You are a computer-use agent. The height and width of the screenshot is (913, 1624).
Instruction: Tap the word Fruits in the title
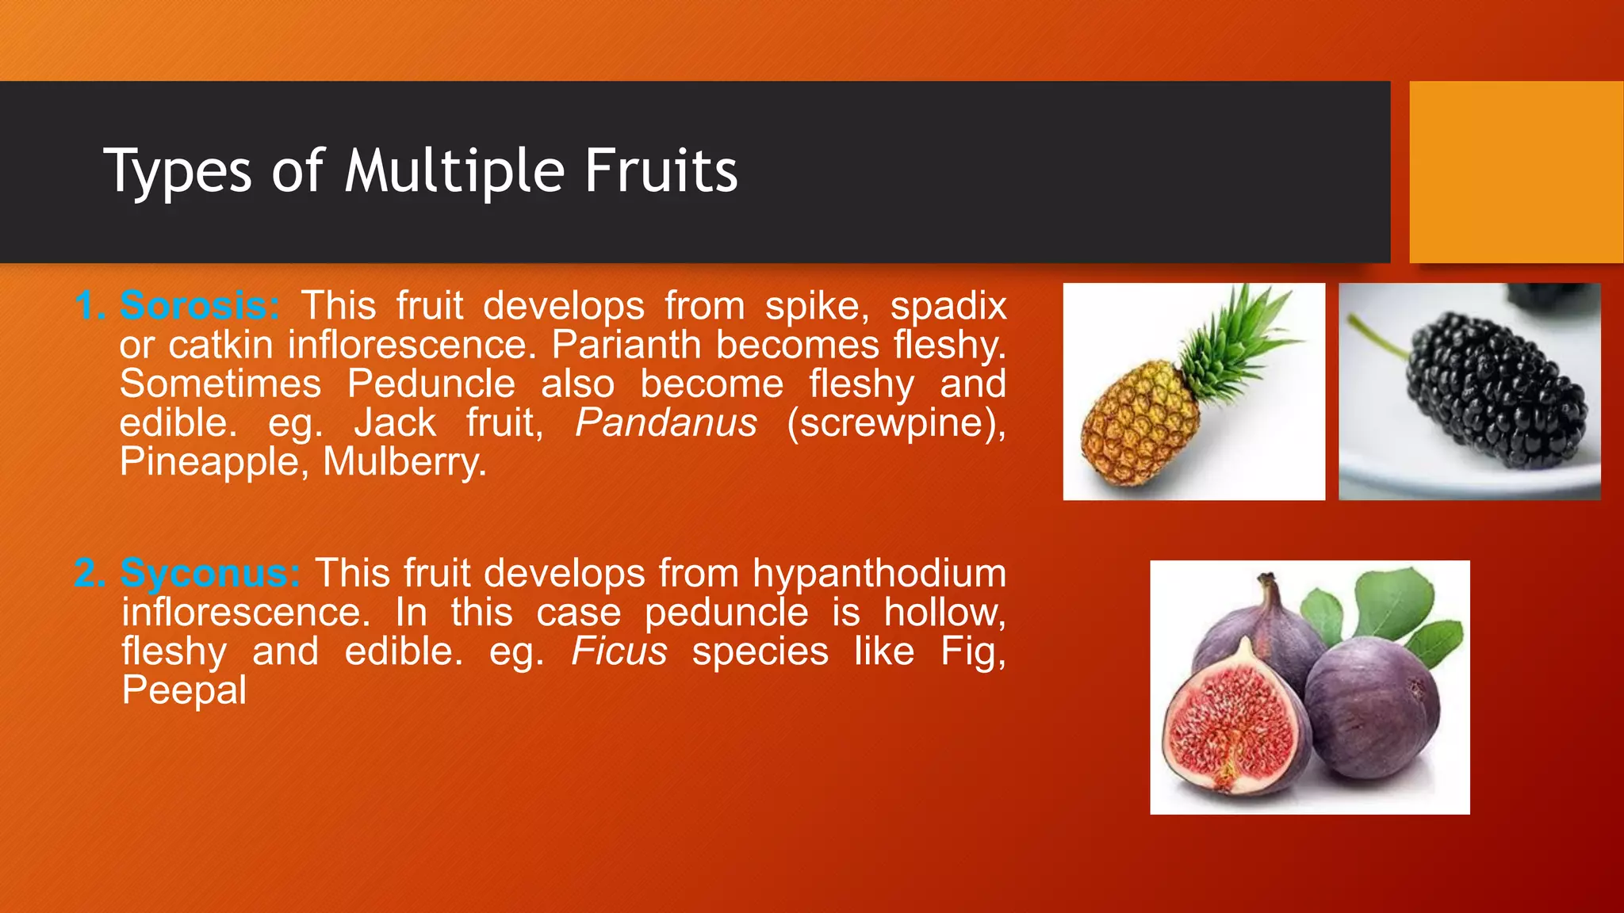point(661,170)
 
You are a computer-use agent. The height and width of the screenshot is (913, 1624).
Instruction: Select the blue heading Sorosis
point(199,306)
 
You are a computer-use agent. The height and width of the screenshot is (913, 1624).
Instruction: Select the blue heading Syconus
point(209,573)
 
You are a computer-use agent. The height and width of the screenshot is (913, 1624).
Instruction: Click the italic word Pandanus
point(666,422)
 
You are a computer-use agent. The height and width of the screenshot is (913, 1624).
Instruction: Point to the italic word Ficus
point(619,651)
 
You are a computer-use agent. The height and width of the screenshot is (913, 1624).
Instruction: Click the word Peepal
point(184,690)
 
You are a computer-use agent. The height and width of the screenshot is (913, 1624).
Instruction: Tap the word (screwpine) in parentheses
point(896,422)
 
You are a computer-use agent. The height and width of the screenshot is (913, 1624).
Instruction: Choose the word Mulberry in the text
point(404,462)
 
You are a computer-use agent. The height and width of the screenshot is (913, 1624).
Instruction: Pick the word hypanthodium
point(879,574)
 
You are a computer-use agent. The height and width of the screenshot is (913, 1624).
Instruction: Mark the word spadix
point(948,306)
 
